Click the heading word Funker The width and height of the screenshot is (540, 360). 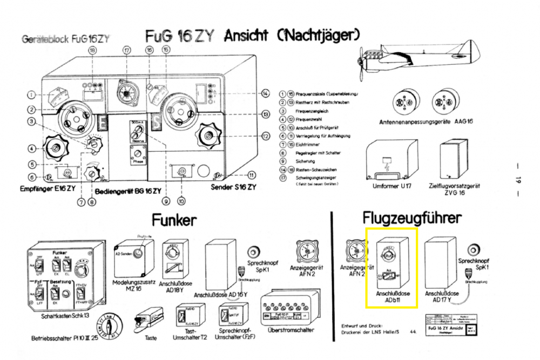coord(174,220)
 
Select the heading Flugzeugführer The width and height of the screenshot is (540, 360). coord(412,218)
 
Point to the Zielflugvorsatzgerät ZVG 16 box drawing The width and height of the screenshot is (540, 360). coord(453,161)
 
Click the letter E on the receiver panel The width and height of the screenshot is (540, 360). coord(103,122)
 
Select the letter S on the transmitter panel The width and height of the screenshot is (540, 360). coord(157,122)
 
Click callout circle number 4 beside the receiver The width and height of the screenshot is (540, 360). coord(32,148)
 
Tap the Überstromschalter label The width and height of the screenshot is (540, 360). coord(290,330)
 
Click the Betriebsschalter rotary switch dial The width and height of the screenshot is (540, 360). coord(110,327)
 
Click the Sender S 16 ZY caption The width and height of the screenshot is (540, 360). coord(233,187)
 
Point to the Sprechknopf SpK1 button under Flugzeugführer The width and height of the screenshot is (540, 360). coord(474,249)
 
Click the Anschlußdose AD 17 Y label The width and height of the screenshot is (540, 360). coord(442,297)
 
